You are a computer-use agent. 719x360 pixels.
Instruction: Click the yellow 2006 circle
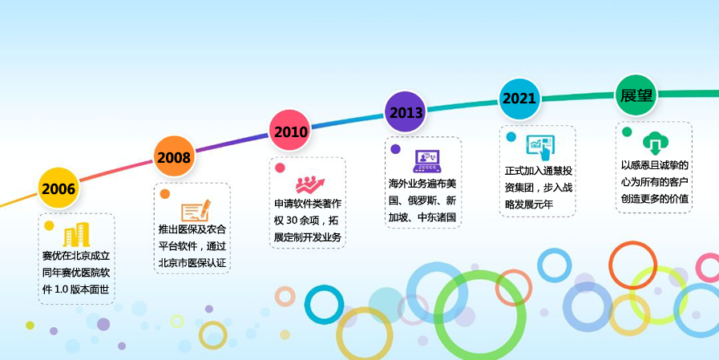59,188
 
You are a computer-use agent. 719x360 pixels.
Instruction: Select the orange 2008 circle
174,157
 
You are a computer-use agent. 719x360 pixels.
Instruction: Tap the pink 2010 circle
290,131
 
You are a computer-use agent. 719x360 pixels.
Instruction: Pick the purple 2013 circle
406,112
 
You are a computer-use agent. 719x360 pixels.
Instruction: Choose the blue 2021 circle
519,98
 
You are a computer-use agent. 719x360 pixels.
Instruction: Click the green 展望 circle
636,95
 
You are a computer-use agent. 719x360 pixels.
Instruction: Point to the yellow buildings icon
76,234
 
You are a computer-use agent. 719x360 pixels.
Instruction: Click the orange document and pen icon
196,211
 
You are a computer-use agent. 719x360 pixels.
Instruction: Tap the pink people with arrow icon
310,185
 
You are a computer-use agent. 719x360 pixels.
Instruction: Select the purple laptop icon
427,161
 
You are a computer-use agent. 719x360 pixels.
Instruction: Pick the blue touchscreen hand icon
541,147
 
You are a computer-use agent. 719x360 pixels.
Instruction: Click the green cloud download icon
656,143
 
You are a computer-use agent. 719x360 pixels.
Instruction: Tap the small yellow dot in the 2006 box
49,225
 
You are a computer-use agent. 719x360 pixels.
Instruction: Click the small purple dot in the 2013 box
395,148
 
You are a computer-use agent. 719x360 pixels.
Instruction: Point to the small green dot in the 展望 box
627,132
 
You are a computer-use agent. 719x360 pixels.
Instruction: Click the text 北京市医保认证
192,263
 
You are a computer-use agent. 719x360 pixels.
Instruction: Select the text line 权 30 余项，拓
307,220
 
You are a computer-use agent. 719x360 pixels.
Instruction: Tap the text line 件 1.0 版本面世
76,289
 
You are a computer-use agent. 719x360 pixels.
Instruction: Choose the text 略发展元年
529,204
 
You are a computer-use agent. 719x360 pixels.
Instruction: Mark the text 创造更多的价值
655,199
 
